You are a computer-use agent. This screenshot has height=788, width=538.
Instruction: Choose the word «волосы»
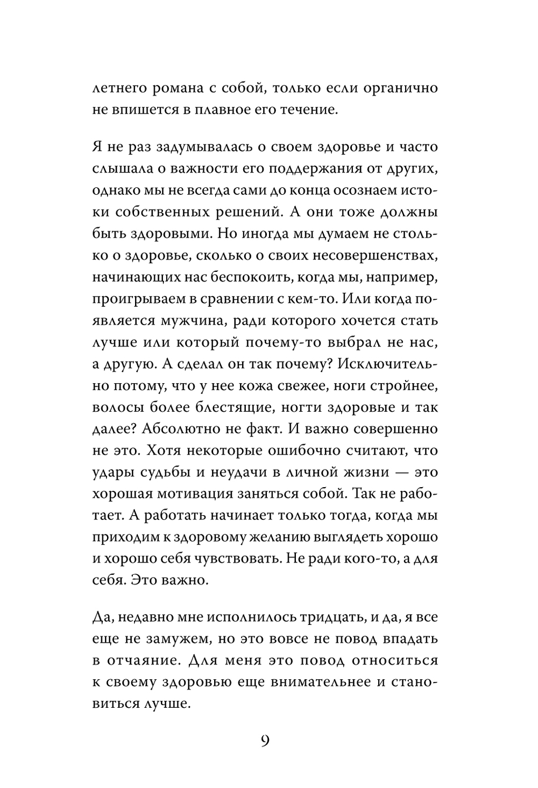114,407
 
